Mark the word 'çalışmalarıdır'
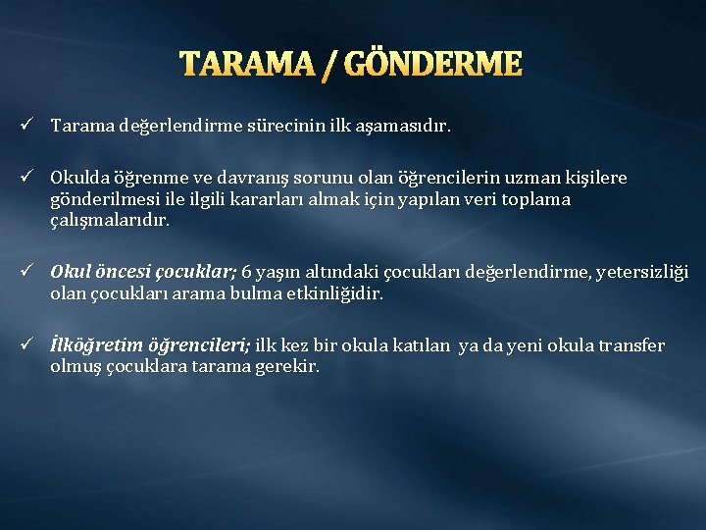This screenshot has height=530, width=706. pos(110,221)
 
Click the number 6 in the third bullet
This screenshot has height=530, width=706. pos(247,272)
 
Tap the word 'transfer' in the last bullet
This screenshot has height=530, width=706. pos(629,345)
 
